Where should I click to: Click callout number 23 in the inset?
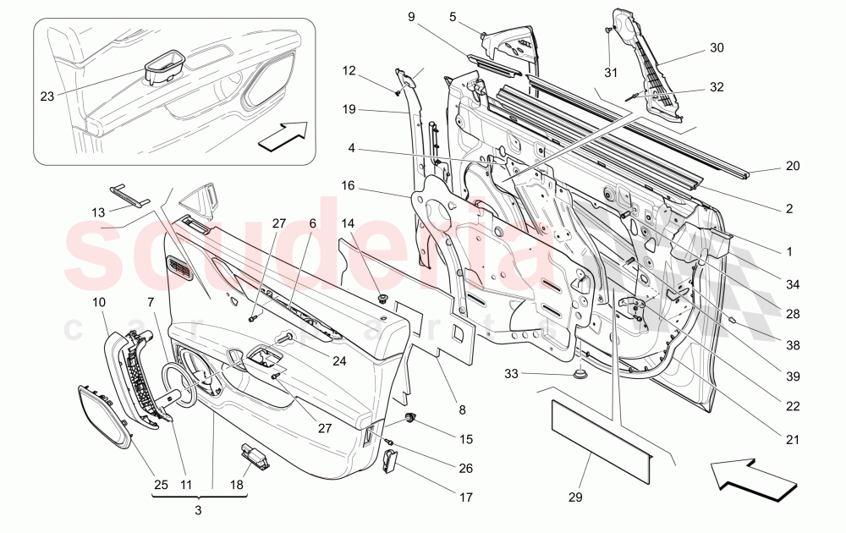(x=47, y=96)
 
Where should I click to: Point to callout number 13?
(x=99, y=212)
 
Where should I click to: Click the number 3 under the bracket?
(x=197, y=510)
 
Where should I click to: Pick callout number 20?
(x=792, y=166)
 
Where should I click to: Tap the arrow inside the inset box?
(x=283, y=135)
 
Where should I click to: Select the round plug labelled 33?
(x=580, y=372)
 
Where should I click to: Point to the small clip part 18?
(x=255, y=456)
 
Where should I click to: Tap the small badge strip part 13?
(x=129, y=195)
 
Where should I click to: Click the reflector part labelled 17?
(x=390, y=463)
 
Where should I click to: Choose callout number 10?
(x=98, y=301)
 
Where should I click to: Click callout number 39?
(x=792, y=376)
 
